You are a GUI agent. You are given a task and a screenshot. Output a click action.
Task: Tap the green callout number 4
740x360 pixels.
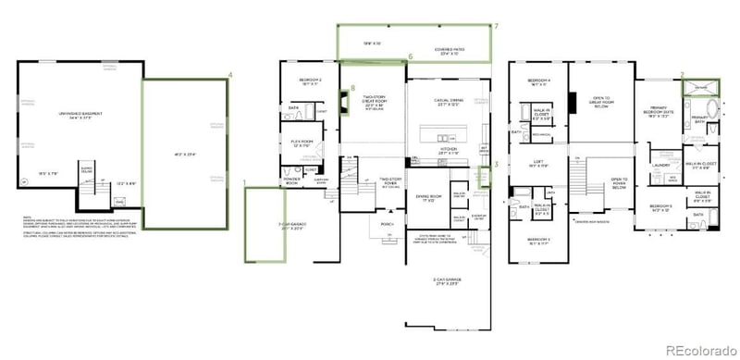230,74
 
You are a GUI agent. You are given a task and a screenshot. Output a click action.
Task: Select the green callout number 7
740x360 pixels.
496,26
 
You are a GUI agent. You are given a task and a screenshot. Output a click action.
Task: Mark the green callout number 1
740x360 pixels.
243,183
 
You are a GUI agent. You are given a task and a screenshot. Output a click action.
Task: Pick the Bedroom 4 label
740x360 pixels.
539,81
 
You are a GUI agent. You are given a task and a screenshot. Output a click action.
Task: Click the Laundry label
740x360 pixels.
660,167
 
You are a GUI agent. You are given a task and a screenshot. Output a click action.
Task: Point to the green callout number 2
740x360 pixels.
682,74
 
